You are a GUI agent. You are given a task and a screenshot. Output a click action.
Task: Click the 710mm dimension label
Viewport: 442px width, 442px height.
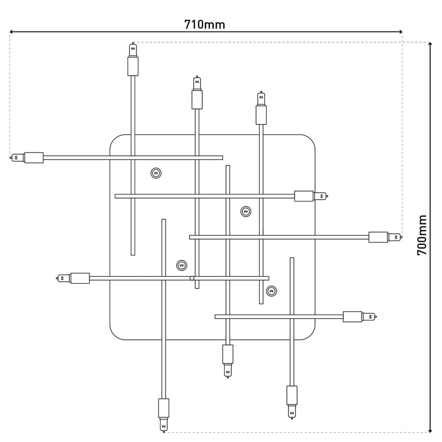tap(205, 24)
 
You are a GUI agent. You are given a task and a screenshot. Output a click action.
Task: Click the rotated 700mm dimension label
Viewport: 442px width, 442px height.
tap(422, 235)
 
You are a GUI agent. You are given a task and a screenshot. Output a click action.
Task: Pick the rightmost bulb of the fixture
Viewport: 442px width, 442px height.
tap(395, 237)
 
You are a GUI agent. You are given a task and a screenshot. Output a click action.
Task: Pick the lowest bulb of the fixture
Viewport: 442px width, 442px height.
tap(164, 425)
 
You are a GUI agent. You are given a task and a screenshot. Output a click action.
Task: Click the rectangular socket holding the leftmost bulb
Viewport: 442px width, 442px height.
tap(34, 158)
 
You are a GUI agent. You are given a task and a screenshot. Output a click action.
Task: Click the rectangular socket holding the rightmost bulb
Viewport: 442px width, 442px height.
tap(378, 237)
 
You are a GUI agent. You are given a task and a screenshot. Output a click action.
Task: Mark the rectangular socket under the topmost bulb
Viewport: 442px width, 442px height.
tap(133, 66)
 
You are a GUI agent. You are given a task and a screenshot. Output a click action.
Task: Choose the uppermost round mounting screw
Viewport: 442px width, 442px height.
tap(156, 173)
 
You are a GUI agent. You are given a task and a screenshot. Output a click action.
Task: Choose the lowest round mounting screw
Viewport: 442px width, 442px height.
tap(271, 291)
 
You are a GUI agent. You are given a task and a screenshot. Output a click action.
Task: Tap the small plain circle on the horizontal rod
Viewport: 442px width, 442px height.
tap(192, 278)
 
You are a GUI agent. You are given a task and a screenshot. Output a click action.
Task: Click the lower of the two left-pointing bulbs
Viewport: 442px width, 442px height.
tap(63, 278)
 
